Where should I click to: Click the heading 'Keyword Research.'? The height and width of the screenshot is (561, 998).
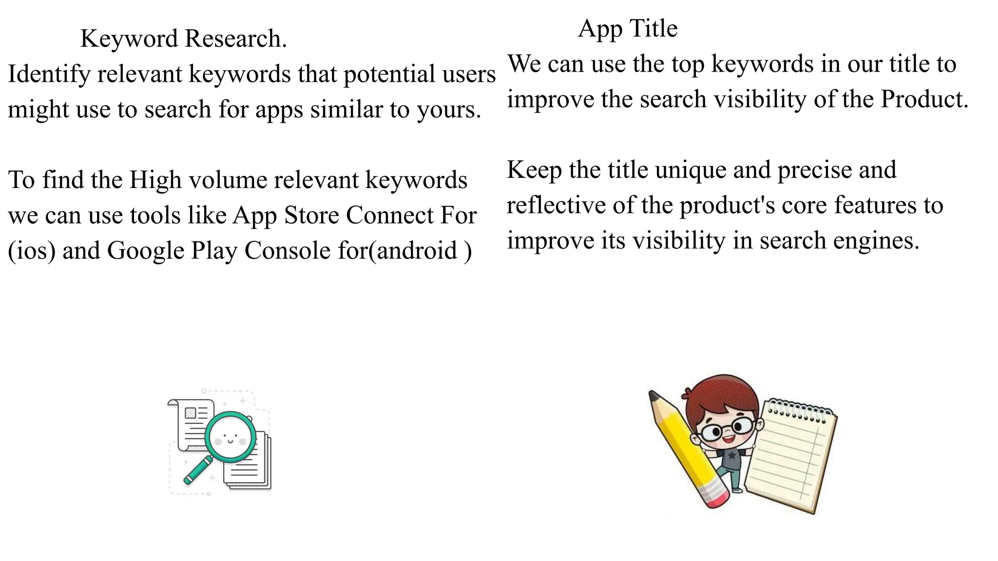(184, 39)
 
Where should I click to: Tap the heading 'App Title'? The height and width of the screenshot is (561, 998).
(628, 29)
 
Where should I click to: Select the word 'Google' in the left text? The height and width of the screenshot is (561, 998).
(146, 251)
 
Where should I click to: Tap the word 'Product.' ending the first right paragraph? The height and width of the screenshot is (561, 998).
(924, 100)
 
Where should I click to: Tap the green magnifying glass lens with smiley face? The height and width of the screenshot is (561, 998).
(230, 437)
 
